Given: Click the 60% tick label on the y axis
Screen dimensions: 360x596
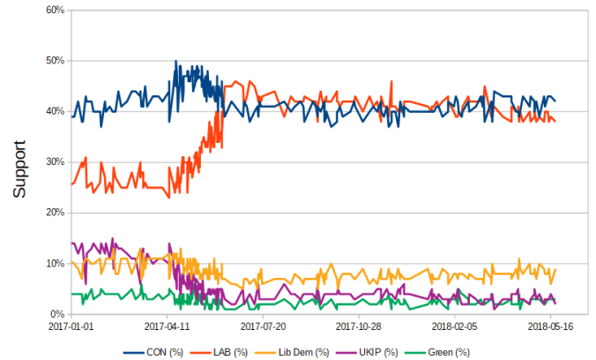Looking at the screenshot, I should (x=54, y=10).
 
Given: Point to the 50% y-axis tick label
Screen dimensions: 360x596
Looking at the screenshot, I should (x=54, y=61).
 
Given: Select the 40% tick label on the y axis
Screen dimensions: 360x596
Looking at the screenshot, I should (x=54, y=111).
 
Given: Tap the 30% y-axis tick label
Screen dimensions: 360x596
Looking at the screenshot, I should (x=54, y=162).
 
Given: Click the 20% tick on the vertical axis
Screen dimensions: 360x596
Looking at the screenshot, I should (x=54, y=213).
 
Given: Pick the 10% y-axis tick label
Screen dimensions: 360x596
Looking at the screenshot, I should (x=54, y=264).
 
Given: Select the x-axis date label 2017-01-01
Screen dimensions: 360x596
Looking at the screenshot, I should (x=71, y=326).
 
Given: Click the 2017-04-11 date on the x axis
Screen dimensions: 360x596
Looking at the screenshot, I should (x=167, y=326).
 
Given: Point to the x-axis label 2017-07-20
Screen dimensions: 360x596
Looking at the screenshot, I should (x=263, y=326).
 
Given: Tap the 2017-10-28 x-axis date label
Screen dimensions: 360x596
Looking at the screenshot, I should (x=359, y=326).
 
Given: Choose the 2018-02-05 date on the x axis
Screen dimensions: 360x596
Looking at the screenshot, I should (x=455, y=326).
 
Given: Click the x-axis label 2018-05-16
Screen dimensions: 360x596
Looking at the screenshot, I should (x=551, y=326).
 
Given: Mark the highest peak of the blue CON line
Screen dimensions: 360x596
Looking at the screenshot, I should (x=175, y=62).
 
